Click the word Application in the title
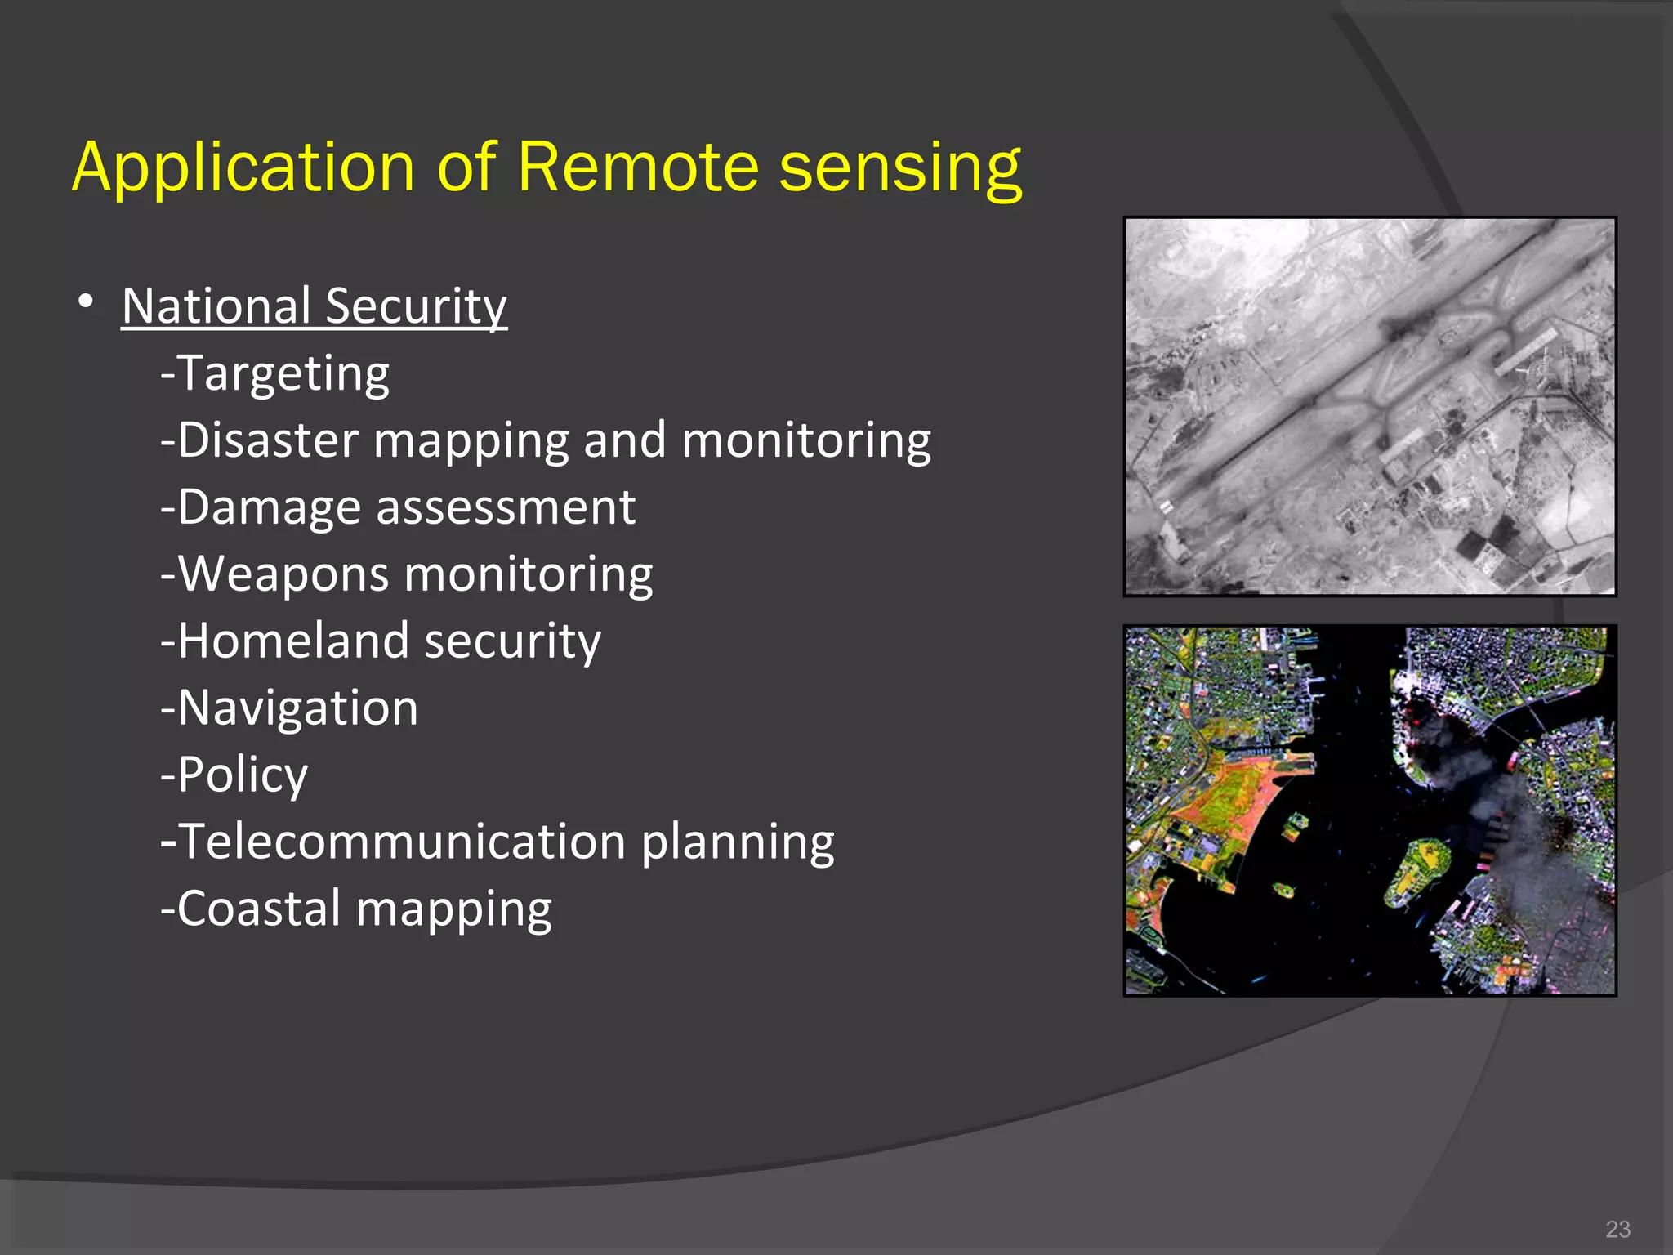243,167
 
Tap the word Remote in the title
638,167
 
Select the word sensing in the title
899,167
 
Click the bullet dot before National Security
86,301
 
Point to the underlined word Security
416,306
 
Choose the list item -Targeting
275,373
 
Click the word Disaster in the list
268,440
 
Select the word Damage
269,507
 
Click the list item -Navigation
289,708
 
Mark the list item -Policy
234,775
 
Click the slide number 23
1617,1229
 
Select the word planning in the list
737,842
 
